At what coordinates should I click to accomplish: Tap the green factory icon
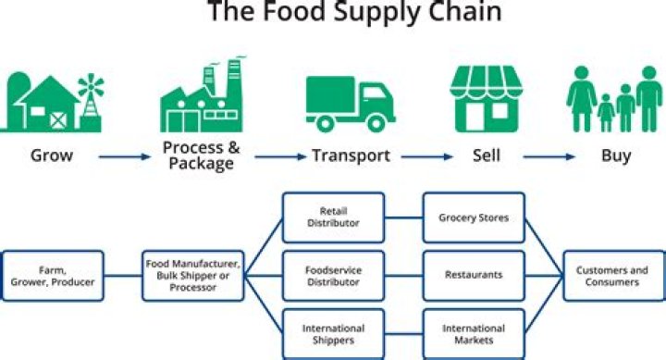click(200, 97)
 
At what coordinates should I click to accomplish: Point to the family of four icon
click(614, 99)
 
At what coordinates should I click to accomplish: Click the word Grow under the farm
click(51, 155)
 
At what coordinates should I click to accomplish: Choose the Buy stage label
click(615, 155)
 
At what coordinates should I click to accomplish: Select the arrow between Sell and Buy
click(552, 156)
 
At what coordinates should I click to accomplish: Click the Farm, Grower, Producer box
click(53, 276)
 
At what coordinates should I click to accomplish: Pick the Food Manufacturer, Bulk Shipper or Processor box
click(194, 276)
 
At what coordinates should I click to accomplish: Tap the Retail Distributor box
click(334, 217)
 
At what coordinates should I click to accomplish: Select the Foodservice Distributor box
click(334, 276)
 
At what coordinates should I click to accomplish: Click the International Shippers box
click(334, 334)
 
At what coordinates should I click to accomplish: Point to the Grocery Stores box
click(474, 217)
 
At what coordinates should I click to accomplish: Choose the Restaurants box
click(474, 276)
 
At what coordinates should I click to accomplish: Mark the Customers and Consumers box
click(612, 276)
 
